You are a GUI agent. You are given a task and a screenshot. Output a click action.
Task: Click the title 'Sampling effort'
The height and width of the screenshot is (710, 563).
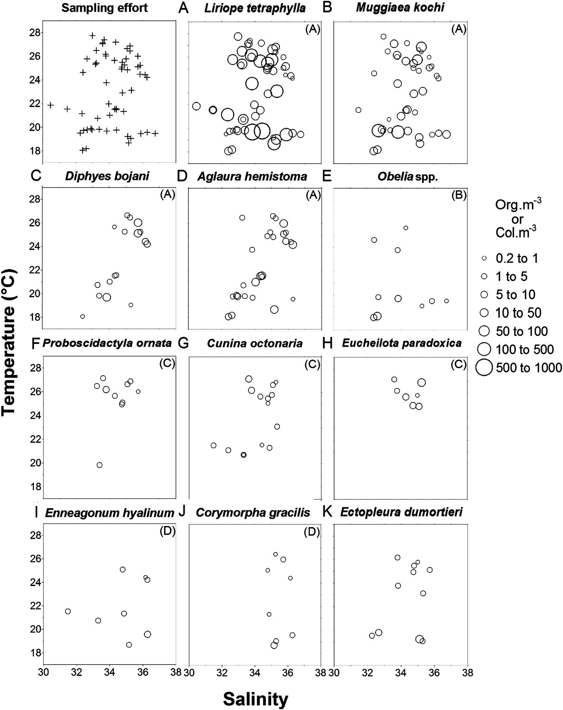[x=105, y=8]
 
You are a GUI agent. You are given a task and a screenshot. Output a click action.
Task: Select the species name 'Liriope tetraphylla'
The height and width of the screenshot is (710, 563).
[x=255, y=8]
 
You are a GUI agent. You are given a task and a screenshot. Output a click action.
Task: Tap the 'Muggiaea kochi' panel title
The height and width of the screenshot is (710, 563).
[x=400, y=8]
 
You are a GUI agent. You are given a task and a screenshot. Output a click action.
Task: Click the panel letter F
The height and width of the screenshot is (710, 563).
[x=35, y=344]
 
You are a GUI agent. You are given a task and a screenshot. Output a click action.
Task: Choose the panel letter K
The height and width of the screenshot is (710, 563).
[x=328, y=512]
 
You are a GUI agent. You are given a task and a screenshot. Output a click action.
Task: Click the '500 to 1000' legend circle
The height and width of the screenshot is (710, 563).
[x=484, y=367]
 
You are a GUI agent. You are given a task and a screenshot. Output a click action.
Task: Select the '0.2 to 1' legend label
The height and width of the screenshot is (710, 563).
[x=517, y=258]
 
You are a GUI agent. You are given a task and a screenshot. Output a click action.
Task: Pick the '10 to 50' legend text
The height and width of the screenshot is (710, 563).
[x=518, y=313]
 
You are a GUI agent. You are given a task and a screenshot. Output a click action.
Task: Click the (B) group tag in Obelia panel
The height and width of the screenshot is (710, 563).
[x=458, y=195]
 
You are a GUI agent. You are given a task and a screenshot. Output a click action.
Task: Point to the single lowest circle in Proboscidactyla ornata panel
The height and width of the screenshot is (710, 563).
[x=99, y=465]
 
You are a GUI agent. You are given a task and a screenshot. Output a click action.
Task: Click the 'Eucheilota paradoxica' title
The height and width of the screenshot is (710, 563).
[x=402, y=343]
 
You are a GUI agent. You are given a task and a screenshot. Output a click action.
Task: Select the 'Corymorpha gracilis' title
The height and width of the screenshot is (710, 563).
[x=253, y=512]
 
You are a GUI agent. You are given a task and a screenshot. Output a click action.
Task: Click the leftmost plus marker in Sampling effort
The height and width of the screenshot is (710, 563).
[x=50, y=105]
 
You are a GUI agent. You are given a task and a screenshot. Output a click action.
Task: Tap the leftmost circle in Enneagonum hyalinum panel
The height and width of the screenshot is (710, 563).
[x=68, y=611]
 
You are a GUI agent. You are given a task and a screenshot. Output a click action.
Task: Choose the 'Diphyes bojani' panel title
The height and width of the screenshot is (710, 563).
[x=107, y=176]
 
